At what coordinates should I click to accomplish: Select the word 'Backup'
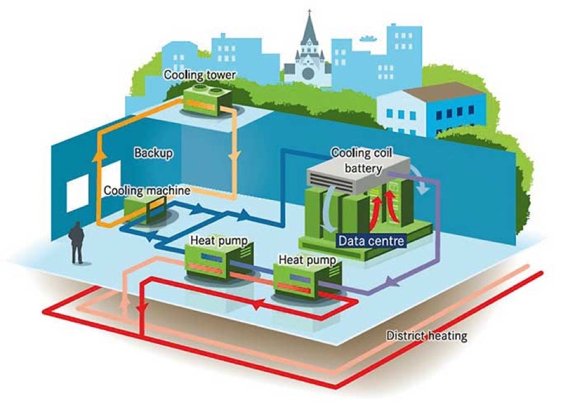pos(153,153)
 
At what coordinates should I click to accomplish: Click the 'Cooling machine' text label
pos(147,190)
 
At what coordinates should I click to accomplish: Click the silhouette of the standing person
pos(76,242)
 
